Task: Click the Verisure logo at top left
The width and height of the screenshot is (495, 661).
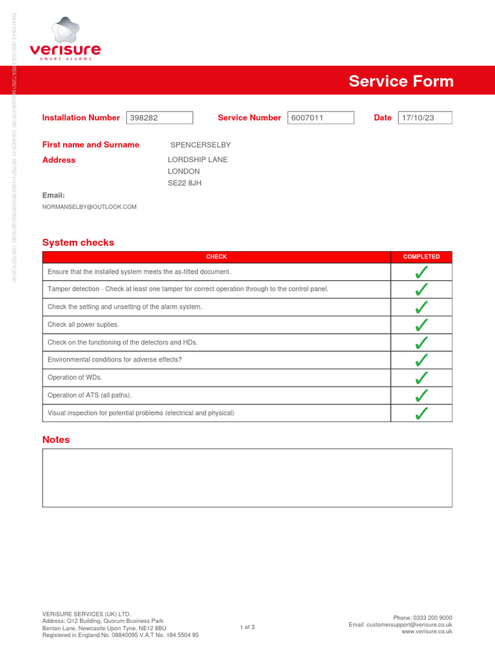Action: click(x=65, y=40)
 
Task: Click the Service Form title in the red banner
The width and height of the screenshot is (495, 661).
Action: click(x=401, y=81)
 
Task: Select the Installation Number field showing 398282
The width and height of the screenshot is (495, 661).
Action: click(x=159, y=117)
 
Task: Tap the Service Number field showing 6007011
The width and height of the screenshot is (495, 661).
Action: click(x=320, y=117)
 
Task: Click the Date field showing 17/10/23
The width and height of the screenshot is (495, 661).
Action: click(x=425, y=117)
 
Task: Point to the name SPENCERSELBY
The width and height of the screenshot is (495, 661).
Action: click(x=200, y=145)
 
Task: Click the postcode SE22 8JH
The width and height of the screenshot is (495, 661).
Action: click(x=184, y=183)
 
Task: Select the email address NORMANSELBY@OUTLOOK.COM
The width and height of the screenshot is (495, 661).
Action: click(x=90, y=207)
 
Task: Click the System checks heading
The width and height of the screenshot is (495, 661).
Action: click(x=78, y=243)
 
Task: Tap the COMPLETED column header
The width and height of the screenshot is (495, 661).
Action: click(x=422, y=257)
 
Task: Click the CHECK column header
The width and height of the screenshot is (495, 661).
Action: click(x=216, y=257)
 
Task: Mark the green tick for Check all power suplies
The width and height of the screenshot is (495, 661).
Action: click(x=422, y=325)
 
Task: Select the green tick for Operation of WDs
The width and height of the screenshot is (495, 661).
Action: click(x=422, y=378)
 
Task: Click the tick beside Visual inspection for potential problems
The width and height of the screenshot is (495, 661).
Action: click(x=422, y=413)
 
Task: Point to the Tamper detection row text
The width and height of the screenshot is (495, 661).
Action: click(x=188, y=289)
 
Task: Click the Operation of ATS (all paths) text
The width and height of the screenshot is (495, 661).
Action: click(x=94, y=395)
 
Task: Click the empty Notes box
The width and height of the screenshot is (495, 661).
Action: click(x=247, y=478)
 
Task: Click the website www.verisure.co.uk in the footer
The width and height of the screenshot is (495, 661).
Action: click(x=427, y=632)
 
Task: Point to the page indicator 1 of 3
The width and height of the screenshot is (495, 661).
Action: click(x=247, y=627)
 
